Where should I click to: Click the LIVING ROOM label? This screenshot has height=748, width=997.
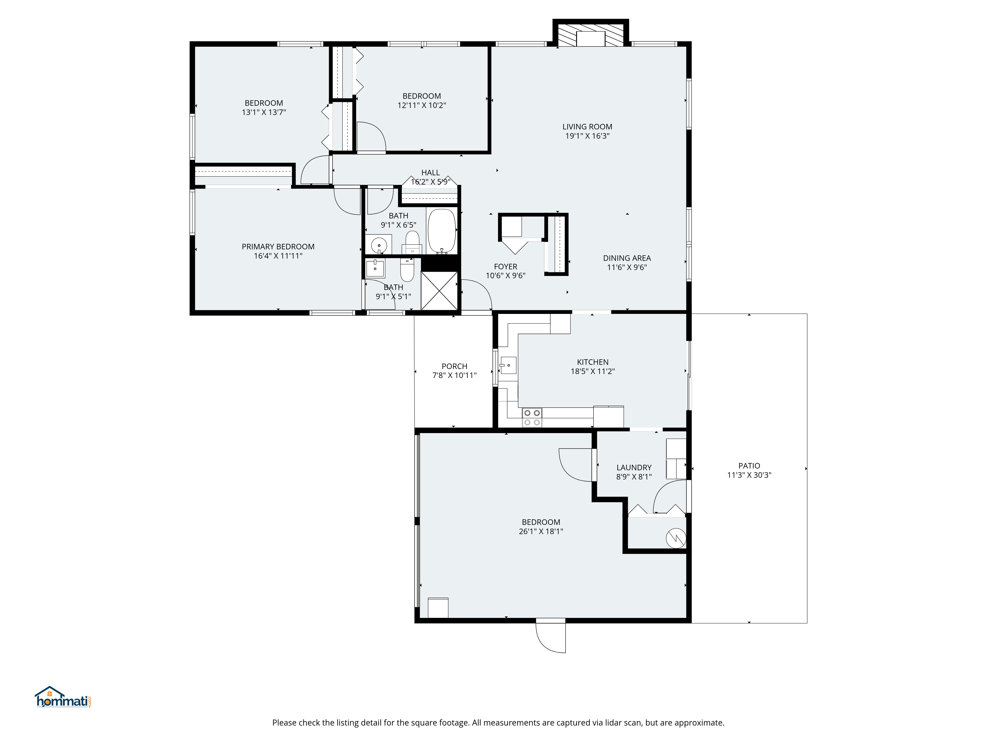[587, 127]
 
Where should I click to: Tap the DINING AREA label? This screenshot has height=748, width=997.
[627, 258]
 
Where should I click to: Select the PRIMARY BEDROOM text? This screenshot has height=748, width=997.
[278, 247]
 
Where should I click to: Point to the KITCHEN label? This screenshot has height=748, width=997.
[593, 362]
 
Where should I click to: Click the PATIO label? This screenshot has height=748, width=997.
[749, 466]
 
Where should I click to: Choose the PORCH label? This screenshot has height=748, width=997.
[454, 366]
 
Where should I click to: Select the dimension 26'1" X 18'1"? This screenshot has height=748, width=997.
[541, 531]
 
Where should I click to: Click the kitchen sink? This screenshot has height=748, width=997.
[508, 365]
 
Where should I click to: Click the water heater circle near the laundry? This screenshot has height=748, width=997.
[676, 538]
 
